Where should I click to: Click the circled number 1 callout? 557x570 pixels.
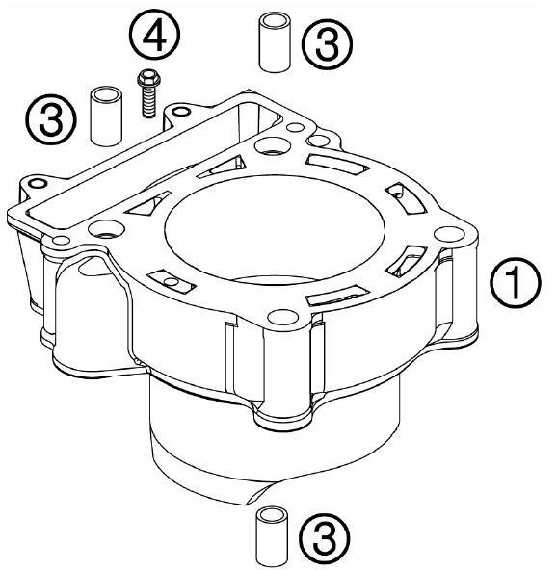tap(516, 283)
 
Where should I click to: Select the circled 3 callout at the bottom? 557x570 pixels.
tap(324, 538)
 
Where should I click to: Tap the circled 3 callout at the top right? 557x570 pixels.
tap(328, 43)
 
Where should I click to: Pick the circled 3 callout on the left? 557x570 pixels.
tap(51, 119)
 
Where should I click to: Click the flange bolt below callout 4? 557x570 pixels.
tap(147, 93)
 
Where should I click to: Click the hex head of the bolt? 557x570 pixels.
tap(147, 75)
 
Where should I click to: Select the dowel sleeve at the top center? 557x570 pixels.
tap(275, 42)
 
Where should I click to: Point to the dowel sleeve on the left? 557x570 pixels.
tap(106, 116)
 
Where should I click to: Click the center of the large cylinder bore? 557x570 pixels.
tap(275, 228)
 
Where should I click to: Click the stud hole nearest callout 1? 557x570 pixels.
tap(449, 234)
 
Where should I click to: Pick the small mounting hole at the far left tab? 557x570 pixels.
tap(38, 183)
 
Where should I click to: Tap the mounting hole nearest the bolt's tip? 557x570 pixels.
tap(181, 112)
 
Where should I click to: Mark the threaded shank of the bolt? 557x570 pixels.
tap(147, 103)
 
